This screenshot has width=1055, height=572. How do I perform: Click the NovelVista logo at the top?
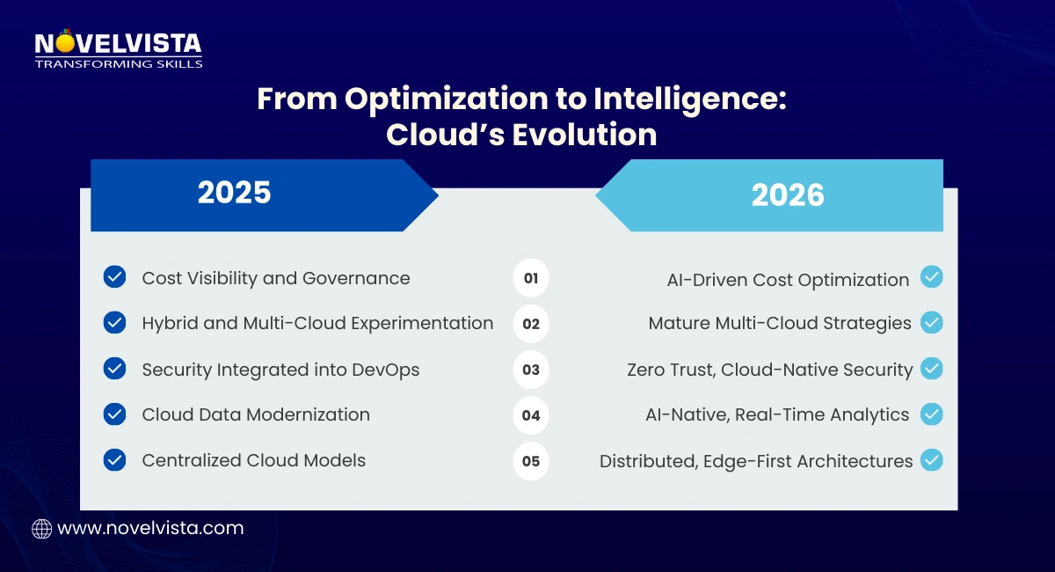pyautogui.click(x=118, y=49)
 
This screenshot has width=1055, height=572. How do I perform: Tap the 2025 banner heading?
pyautogui.click(x=234, y=193)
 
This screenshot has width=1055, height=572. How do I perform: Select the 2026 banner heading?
pyautogui.click(x=788, y=195)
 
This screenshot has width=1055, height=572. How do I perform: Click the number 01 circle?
pyautogui.click(x=531, y=279)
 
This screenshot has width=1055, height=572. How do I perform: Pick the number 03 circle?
pyautogui.click(x=531, y=370)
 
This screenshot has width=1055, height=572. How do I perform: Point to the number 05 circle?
pyautogui.click(x=531, y=461)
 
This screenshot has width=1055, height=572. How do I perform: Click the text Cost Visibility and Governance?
pyautogui.click(x=276, y=278)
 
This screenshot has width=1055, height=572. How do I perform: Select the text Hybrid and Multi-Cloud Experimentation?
pyautogui.click(x=317, y=323)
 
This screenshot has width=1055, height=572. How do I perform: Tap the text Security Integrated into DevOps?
pyautogui.click(x=280, y=370)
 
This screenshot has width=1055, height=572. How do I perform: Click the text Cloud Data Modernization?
pyautogui.click(x=256, y=414)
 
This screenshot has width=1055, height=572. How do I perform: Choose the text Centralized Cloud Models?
pyautogui.click(x=253, y=460)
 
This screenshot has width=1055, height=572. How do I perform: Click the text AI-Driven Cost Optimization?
pyautogui.click(x=788, y=280)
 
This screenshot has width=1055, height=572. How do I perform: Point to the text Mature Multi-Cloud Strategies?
pyautogui.click(x=780, y=323)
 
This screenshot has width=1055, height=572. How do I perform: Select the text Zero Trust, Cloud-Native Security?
pyautogui.click(x=769, y=370)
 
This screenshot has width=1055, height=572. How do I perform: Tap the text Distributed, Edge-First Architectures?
pyautogui.click(x=756, y=461)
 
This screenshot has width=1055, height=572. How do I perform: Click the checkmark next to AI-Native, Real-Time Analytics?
pyautogui.click(x=932, y=414)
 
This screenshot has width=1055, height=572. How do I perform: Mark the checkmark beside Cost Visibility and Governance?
pyautogui.click(x=114, y=277)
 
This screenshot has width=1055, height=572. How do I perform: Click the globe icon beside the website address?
pyautogui.click(x=41, y=529)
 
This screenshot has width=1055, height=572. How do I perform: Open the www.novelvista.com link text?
pyautogui.click(x=150, y=529)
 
